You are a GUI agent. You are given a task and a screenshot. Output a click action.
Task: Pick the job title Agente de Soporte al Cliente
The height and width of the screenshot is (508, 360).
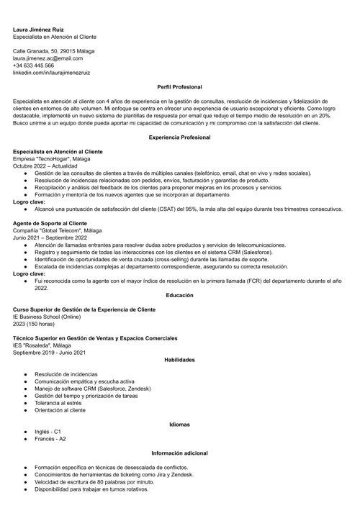[50, 223]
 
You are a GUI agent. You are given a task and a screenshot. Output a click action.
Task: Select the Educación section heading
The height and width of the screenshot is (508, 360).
[179, 295]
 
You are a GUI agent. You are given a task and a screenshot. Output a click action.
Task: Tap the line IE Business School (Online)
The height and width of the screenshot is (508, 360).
[46, 316]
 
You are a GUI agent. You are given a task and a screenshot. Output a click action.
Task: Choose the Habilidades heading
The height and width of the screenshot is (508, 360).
[179, 359]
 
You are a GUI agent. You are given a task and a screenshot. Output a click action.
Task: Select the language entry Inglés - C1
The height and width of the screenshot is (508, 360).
[48, 432]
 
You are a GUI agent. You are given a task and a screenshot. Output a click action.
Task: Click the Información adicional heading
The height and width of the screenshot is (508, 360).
[179, 453]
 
